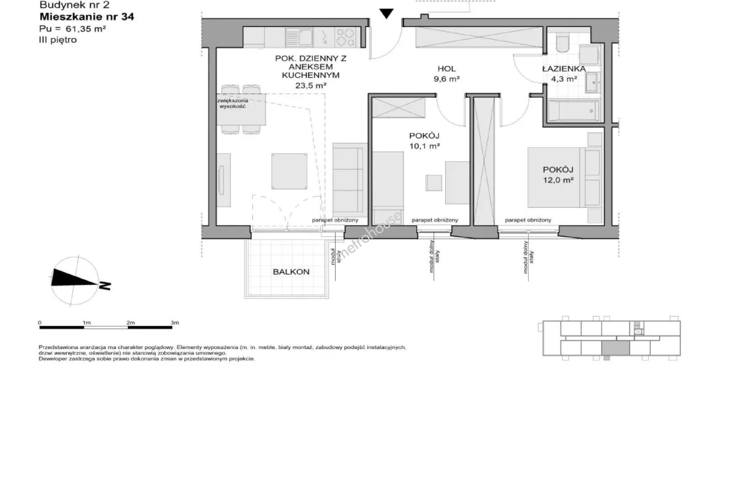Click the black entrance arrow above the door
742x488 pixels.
tap(386, 13)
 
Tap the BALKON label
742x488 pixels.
tap(291, 272)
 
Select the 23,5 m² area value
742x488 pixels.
tap(311, 85)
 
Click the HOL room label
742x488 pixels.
tap(446, 69)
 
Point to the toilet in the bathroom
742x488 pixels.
tap(563, 43)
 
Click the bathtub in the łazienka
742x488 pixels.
tap(573, 111)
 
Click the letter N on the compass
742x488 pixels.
tap(105, 285)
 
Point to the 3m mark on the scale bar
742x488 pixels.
tap(174, 322)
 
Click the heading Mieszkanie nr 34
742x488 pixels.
tap(87, 17)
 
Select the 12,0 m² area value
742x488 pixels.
tap(558, 180)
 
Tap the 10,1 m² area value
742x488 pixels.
tap(424, 146)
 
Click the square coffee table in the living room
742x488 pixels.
tap(289, 171)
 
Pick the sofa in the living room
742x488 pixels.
tap(350, 178)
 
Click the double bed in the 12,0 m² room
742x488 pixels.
tap(564, 178)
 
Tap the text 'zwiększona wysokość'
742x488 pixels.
tap(233, 103)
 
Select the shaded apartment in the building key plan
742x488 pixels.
tap(615, 348)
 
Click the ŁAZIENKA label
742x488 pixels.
tap(564, 69)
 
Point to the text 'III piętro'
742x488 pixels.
tap(58, 40)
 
